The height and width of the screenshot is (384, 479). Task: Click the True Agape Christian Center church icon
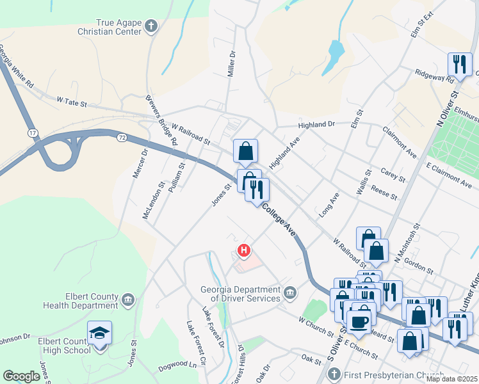[150, 26]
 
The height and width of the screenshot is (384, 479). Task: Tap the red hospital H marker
[243, 250]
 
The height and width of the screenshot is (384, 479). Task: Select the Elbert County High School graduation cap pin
[99, 333]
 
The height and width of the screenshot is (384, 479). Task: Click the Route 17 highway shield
[32, 132]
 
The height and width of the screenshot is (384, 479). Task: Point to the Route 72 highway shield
[122, 137]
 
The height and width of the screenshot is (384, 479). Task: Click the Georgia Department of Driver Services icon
[290, 293]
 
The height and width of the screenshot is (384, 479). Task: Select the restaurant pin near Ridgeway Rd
[460, 65]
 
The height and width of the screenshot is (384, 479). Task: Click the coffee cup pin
[359, 321]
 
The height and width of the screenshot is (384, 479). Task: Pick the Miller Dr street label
[232, 64]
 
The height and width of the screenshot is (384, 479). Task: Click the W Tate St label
[71, 100]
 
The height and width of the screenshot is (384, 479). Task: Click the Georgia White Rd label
[16, 66]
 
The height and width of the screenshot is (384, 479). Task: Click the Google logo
[21, 376]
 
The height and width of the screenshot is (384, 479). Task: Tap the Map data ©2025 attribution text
[451, 379]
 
